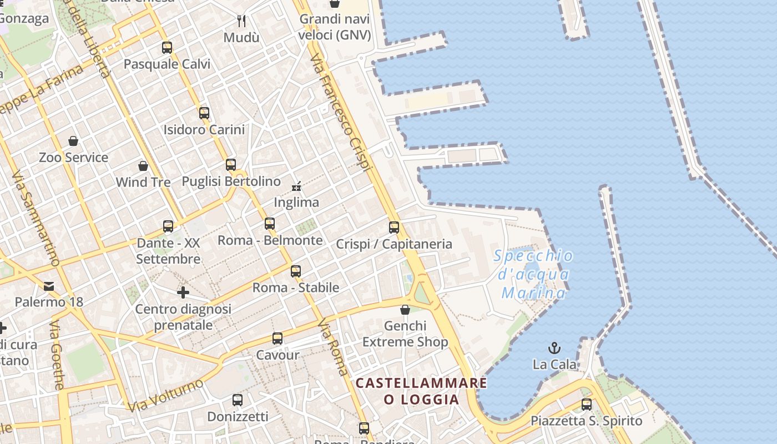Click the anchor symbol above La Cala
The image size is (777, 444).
[554, 348]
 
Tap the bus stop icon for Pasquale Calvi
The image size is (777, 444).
[167, 48]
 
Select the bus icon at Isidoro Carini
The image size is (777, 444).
[204, 113]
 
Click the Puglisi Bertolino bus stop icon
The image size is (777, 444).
[231, 165]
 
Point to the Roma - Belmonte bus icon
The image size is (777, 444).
[270, 224]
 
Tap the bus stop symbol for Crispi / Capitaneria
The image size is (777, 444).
[394, 227]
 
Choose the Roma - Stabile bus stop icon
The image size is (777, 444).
[296, 271]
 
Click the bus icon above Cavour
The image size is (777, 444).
[277, 339]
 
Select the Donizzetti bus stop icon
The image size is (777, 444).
[238, 400]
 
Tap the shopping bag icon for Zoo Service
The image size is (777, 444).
[73, 141]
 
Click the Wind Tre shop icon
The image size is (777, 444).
[143, 165]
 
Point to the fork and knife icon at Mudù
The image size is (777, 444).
[241, 21]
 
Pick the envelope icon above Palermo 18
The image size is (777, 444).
[49, 286]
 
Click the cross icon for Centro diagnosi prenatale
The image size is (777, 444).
[183, 292]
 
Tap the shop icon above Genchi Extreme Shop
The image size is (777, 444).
[405, 309]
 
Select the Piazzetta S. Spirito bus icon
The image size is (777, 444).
[587, 404]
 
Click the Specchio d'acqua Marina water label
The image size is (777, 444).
[533, 274]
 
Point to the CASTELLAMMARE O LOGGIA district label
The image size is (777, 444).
[421, 391]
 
